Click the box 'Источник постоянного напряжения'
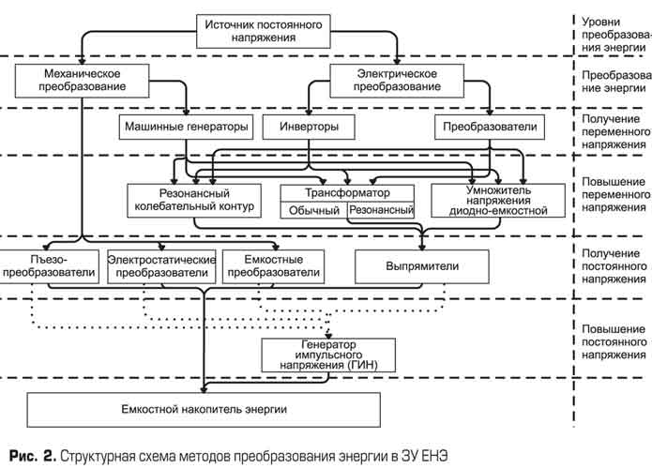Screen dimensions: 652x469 (x=264, y=32)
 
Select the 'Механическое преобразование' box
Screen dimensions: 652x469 (x=82, y=81)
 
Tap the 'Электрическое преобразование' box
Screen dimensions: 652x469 (x=397, y=81)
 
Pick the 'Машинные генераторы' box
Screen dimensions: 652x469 (x=187, y=127)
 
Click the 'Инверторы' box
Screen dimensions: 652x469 (x=309, y=127)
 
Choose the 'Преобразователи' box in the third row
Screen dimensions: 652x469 (x=490, y=127)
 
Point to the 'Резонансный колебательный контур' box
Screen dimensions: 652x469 (x=194, y=201)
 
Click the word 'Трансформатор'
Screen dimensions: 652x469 (x=348, y=193)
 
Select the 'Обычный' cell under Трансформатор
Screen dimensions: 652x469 (x=314, y=210)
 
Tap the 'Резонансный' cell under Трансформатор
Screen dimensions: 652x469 (x=381, y=210)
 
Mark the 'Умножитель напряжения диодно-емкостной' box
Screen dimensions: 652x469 (x=498, y=201)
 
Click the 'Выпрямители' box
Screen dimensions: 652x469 (x=422, y=266)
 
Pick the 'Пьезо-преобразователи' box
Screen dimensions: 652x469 (x=49, y=266)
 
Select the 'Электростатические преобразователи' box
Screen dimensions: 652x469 (x=161, y=266)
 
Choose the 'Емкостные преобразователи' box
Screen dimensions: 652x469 (x=273, y=266)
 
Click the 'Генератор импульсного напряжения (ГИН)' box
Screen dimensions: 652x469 (x=328, y=356)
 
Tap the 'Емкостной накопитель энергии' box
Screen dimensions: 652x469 (x=204, y=410)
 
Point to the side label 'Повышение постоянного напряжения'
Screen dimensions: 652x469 (x=614, y=342)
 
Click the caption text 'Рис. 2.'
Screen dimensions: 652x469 (x=33, y=456)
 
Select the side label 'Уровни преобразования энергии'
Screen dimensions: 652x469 (x=616, y=35)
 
